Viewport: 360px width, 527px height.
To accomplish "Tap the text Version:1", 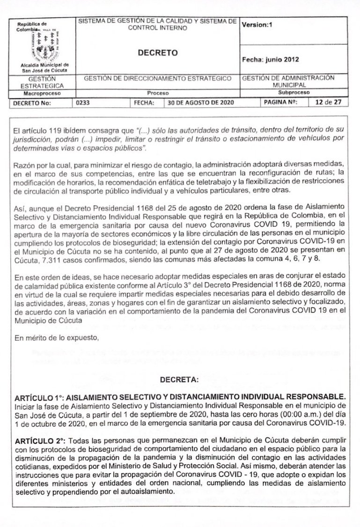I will point(257,25).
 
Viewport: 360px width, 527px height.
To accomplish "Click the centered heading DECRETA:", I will point(179,377).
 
